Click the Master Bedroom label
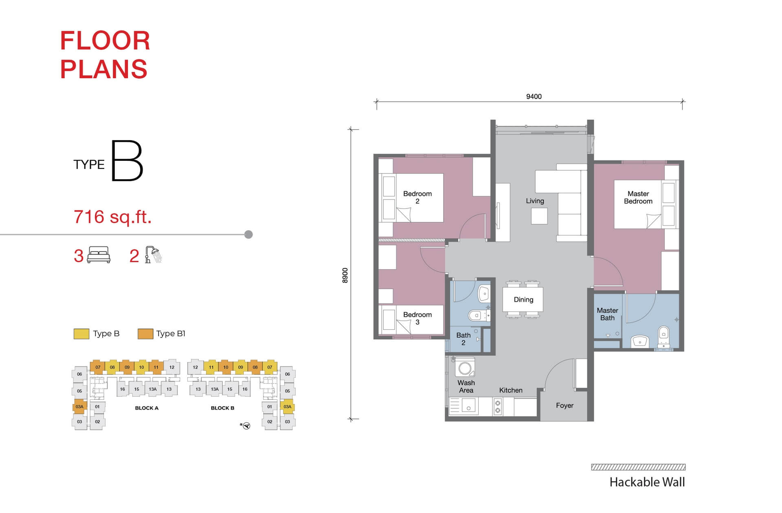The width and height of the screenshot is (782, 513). [x=638, y=197]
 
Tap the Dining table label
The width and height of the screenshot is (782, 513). [x=523, y=300]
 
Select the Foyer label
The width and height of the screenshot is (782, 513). [x=565, y=406]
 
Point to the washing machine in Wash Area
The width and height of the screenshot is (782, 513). [x=465, y=368]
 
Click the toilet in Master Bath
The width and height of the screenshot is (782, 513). [x=663, y=336]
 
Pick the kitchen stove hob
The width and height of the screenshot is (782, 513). [x=497, y=406]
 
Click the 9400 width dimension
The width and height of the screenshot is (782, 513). [x=534, y=96]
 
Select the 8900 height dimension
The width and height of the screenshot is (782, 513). [x=345, y=276]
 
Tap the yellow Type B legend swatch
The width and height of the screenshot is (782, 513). [x=81, y=334]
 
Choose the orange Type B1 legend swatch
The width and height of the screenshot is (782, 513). [x=145, y=334]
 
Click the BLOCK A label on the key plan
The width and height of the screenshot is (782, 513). [x=147, y=408]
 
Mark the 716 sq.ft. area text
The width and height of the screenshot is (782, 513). [x=112, y=217]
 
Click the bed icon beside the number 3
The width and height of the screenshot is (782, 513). [x=99, y=255]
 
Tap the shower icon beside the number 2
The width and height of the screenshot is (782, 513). [x=153, y=255]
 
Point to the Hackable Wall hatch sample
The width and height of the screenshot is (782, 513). [x=638, y=467]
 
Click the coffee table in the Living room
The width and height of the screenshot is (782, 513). [x=539, y=216]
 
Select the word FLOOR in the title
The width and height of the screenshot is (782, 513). [x=105, y=41]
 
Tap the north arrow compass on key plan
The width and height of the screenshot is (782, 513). [x=245, y=426]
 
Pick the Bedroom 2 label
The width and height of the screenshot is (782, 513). [x=417, y=197]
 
